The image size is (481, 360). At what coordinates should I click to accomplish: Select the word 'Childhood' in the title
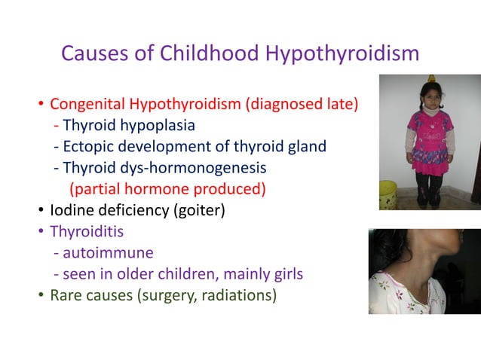[191, 53]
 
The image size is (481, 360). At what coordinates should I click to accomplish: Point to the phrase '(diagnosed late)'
[302, 103]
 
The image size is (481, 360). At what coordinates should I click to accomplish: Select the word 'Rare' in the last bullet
[66, 294]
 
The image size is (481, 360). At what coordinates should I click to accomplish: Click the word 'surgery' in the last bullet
[164, 294]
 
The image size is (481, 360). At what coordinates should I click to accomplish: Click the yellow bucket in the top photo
[388, 194]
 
